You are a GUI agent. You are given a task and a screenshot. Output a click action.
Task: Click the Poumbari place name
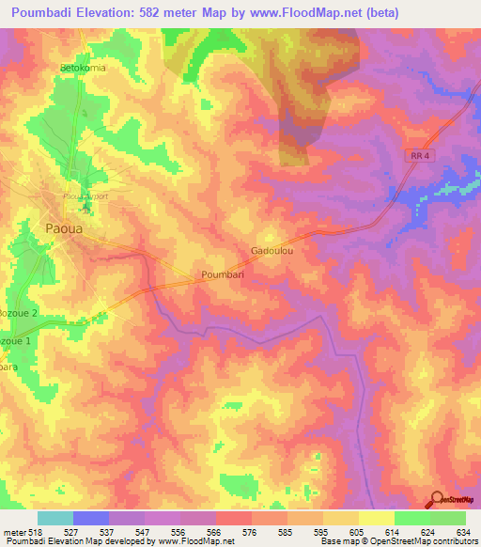(x=223, y=274)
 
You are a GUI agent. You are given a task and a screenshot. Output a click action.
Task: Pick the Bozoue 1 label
(x=16, y=339)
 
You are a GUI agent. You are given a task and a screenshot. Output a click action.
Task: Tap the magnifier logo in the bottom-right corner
(x=437, y=499)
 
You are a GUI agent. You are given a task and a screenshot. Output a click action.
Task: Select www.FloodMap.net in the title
(x=311, y=12)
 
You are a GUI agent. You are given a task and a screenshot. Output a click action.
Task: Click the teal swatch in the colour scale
(x=54, y=518)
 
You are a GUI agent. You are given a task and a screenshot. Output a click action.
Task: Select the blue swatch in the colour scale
(x=91, y=518)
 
